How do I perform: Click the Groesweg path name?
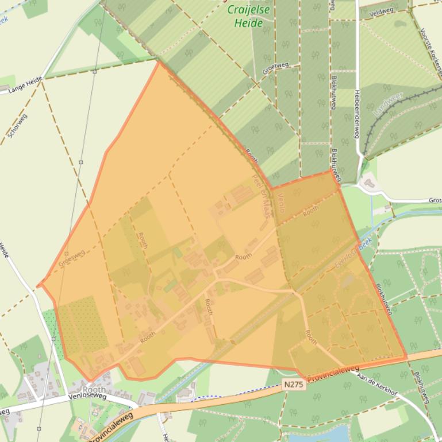72,258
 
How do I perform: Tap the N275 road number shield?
293,388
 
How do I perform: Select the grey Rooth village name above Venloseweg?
94,389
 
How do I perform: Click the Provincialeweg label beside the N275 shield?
333,374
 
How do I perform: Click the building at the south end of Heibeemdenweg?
368,183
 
